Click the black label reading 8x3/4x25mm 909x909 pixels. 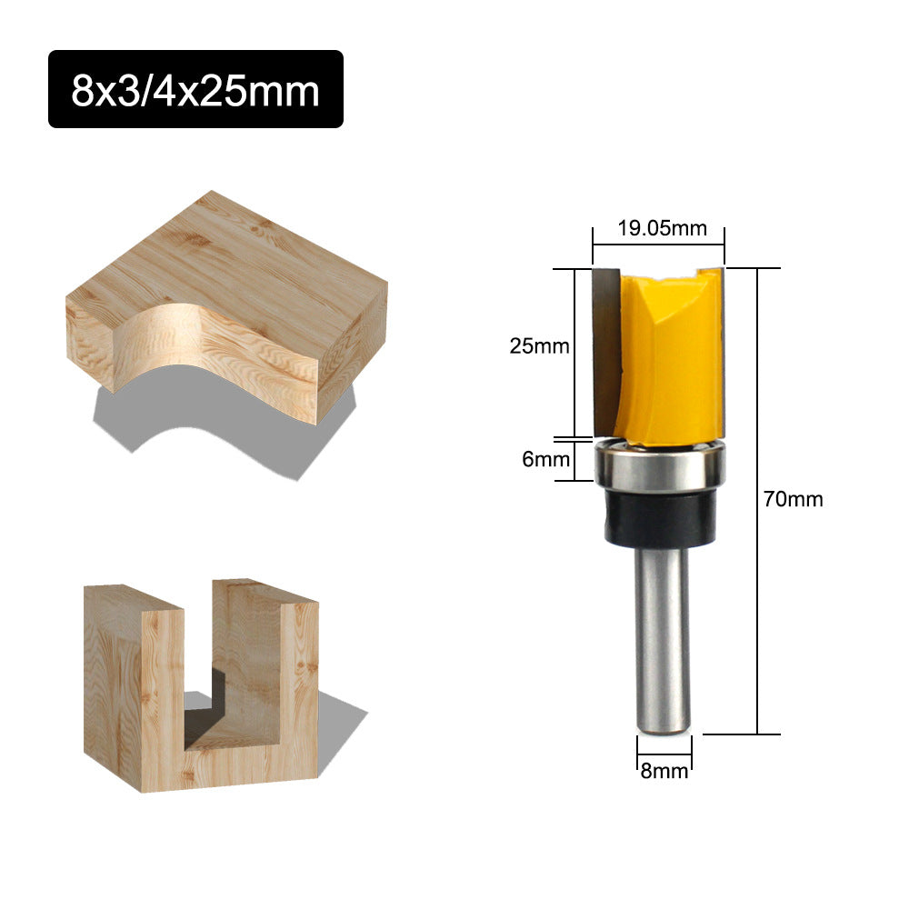(x=195, y=89)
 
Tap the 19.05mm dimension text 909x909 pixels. (x=662, y=228)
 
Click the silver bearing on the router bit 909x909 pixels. (x=661, y=464)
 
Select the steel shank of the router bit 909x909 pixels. (x=662, y=636)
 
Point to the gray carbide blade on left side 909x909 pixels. (x=604, y=350)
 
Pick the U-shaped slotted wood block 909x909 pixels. (x=200, y=691)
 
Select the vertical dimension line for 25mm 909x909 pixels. (x=574, y=355)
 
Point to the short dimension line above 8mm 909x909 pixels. (x=664, y=753)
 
